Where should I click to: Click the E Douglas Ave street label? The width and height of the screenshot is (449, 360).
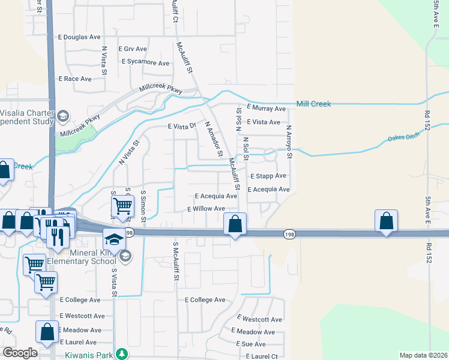coord(79,37)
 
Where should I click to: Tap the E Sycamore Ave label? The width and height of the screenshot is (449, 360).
coord(145,62)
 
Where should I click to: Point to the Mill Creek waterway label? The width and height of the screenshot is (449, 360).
coord(313,104)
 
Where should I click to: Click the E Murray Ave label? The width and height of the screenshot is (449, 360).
coord(262,109)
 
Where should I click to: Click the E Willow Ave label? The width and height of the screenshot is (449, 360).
coord(206,209)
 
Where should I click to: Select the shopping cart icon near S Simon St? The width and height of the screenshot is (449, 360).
coord(122,206)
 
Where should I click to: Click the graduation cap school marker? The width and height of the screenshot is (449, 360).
coord(113,239)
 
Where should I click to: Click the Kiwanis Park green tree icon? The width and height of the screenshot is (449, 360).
coord(122,355)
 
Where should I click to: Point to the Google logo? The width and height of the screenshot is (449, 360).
coord(20,353)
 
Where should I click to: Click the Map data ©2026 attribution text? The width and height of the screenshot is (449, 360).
coord(423,355)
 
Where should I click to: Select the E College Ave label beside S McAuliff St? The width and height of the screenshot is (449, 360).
coord(205,299)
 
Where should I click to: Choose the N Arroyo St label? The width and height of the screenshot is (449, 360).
coord(289,142)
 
